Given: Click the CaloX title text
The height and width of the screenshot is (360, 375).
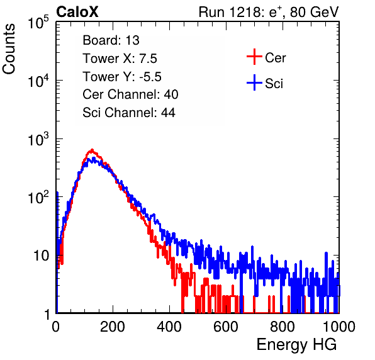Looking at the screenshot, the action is coord(77,12).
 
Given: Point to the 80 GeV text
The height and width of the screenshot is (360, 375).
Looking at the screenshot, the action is coord(314,12).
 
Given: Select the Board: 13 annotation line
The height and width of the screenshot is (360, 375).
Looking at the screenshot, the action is coord(111,40).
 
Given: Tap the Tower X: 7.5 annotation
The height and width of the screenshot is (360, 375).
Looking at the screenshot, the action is coord(120,59).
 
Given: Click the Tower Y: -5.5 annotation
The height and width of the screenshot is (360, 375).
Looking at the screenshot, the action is coord(122,77).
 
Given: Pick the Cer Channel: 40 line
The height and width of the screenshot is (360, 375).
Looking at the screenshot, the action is coord(130,94).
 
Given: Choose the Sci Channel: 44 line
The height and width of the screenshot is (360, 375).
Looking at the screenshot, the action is coord(129,113).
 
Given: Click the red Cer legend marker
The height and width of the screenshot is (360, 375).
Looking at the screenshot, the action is coord(254,57).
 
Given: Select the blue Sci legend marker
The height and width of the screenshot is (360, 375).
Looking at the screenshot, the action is coord(254,82).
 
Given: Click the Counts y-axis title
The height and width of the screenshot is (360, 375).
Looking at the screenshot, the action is coord(9,49).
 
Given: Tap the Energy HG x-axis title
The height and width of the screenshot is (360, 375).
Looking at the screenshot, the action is coord(296,345).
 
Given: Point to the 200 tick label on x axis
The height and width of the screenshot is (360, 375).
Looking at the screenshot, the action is coord(113,327).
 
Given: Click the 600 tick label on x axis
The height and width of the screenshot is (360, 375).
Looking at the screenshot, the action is coord(226,327).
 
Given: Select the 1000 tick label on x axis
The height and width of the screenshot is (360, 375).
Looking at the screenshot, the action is coord(339,327).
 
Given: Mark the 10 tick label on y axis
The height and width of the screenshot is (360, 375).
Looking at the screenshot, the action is coord(42,256).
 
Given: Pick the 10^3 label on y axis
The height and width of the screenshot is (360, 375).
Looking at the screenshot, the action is coord(38,139).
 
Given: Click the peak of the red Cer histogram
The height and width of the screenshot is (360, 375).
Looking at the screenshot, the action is coord(92,150).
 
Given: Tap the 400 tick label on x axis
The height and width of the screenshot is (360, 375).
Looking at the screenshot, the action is coord(169,327).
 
